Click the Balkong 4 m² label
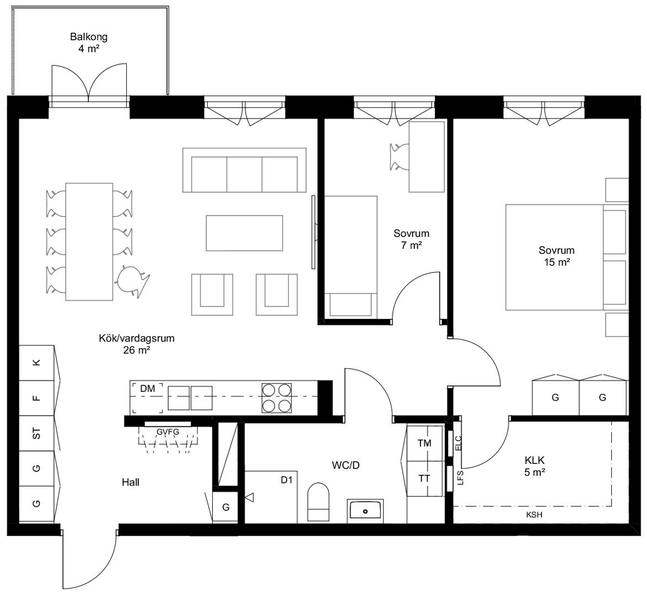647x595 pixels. [89, 42]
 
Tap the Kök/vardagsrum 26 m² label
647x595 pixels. [136, 344]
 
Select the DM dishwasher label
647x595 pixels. [147, 388]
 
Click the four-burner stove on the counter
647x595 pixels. [277, 398]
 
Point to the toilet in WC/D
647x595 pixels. [319, 502]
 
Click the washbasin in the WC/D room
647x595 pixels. [365, 510]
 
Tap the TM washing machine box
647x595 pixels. [425, 443]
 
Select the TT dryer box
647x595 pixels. [425, 479]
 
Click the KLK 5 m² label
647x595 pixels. [535, 466]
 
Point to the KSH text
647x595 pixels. [534, 515]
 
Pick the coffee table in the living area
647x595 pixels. [244, 233]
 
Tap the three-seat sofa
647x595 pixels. [244, 170]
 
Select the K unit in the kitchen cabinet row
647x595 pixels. [37, 363]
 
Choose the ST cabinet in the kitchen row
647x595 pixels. [37, 433]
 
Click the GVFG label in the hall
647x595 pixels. [168, 431]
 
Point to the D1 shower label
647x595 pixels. [287, 480]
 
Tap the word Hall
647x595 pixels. [131, 482]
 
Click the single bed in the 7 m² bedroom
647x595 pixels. [351, 257]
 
